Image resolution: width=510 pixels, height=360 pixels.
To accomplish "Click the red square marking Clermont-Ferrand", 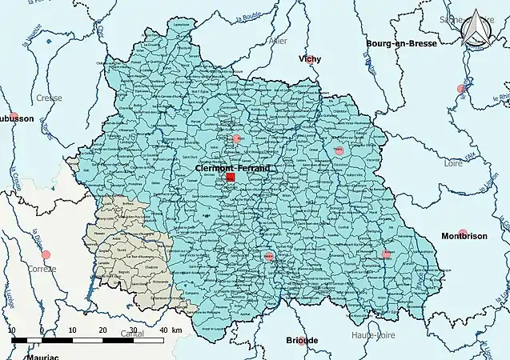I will (231, 178).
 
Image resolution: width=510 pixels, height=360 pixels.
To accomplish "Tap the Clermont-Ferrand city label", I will (233, 169).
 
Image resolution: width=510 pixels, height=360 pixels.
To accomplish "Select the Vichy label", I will (310, 59).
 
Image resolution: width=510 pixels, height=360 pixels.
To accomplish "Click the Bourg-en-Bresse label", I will (401, 43).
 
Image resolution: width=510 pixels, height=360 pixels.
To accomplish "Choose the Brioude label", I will (302, 340).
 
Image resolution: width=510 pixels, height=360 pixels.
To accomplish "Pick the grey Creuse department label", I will (50, 98).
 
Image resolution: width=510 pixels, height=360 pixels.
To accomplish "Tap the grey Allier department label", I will (279, 40).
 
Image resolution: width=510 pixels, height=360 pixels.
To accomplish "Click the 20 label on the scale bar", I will (102, 330).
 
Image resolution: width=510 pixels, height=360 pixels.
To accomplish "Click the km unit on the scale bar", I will (176, 330).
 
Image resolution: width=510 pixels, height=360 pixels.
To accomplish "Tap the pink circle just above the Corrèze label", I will (46, 254).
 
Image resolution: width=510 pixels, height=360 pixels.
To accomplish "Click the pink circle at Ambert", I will (387, 254).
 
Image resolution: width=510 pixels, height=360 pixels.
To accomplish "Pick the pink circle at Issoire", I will (269, 257).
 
